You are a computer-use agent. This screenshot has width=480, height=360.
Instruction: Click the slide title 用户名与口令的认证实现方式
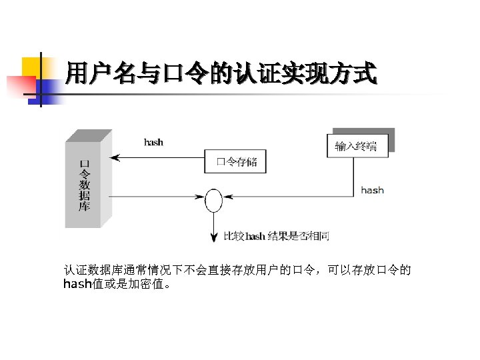[x=221, y=73]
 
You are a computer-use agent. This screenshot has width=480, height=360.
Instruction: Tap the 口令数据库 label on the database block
[x=85, y=185]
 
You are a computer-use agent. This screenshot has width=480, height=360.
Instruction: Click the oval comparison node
[x=213, y=200]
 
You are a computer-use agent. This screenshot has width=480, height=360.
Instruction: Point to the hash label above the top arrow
[x=153, y=142]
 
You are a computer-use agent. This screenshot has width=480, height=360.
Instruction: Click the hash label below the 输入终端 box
[x=372, y=190]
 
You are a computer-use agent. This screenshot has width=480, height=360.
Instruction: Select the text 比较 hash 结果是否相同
[x=276, y=236]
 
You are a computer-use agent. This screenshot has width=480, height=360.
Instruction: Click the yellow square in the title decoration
[x=32, y=67]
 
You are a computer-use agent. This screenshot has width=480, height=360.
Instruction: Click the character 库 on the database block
[x=85, y=207]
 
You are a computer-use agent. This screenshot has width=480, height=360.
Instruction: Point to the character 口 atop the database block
[x=85, y=163]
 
